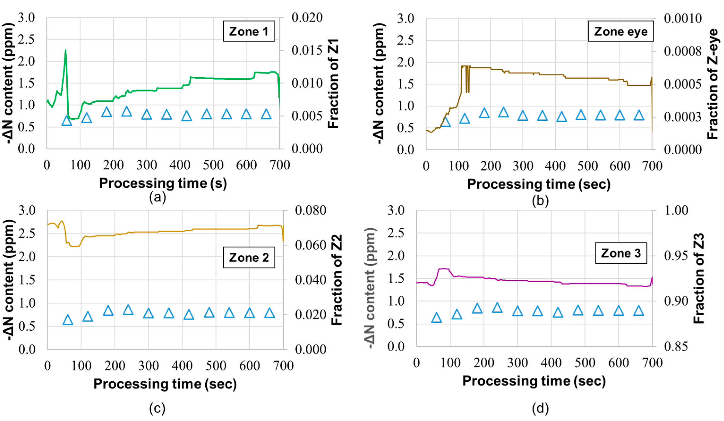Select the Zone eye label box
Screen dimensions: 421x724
tap(620, 31)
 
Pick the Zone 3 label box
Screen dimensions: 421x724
tap(620, 253)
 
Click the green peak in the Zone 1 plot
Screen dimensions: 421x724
tap(65, 51)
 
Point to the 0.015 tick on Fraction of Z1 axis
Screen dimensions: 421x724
tap(307, 50)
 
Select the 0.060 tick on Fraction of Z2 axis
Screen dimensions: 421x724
tap(311, 245)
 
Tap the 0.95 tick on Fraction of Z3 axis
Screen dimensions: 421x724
tap(676, 256)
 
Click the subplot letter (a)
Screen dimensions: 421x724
tap(158, 198)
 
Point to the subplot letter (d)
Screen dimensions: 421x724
tap(540, 408)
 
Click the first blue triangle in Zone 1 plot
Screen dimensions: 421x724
tap(67, 121)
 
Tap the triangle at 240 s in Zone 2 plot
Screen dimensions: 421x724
tap(128, 310)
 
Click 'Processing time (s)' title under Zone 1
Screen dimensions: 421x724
tap(163, 183)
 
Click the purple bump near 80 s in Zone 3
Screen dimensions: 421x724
tap(443, 269)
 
